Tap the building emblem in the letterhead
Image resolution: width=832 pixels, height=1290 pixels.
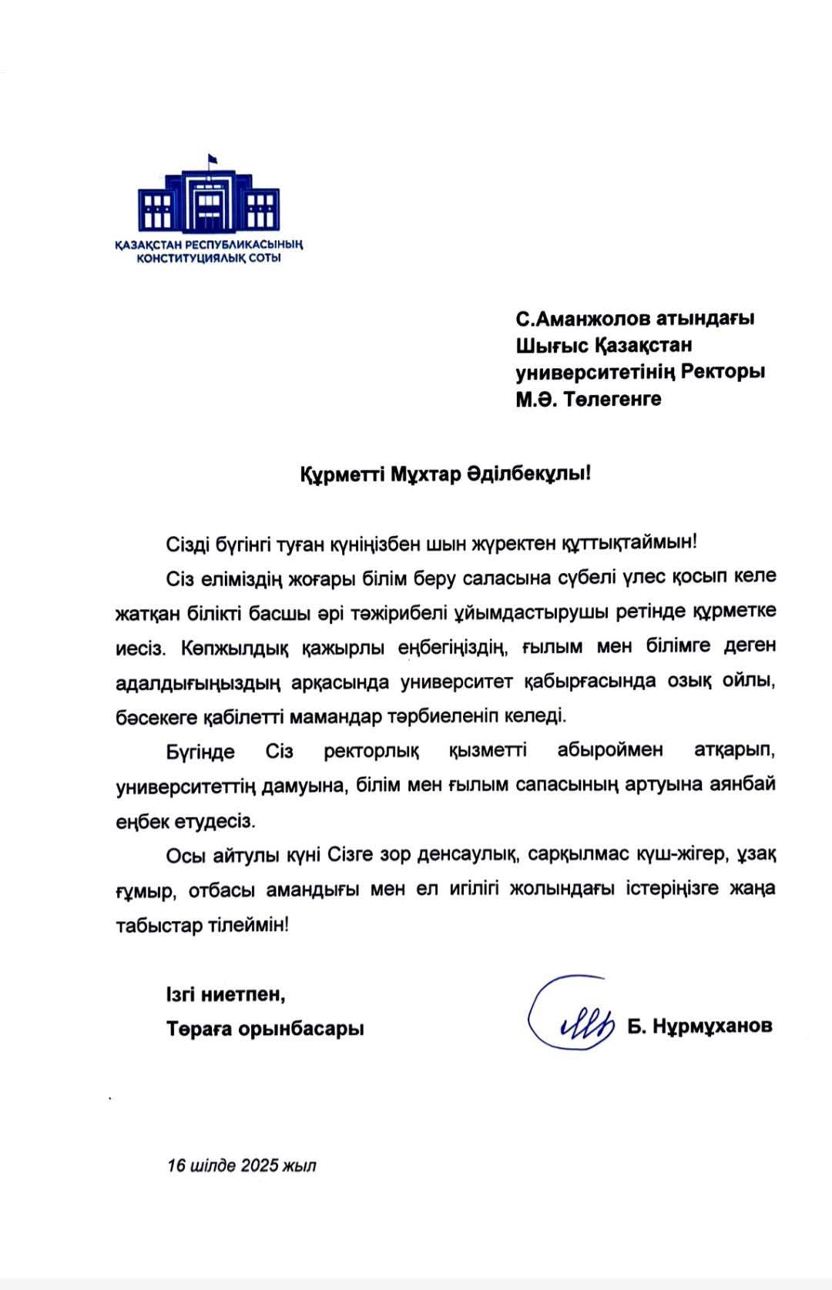tap(209, 201)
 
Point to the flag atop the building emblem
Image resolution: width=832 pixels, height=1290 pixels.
tap(210, 159)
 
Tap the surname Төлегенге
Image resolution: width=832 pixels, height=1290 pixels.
tap(612, 399)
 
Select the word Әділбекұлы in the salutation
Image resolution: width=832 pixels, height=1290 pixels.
tap(529, 474)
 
